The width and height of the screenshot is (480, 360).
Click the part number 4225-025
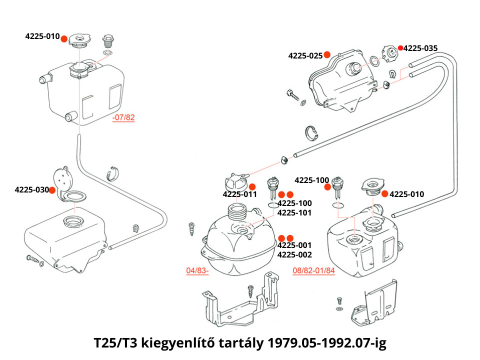[305, 55]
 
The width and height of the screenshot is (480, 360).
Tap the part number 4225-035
[420, 48]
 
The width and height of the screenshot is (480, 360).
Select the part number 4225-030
[31, 190]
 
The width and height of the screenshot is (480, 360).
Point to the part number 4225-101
[294, 213]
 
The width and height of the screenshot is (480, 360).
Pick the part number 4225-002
[294, 254]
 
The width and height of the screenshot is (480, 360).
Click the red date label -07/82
[123, 118]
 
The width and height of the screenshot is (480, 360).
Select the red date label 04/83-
[197, 270]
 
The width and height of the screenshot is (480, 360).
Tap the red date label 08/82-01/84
[313, 270]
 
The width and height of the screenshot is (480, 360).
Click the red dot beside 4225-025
[326, 54]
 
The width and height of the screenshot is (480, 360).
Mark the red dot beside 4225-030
[52, 189]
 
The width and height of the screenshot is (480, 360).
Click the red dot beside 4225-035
[400, 48]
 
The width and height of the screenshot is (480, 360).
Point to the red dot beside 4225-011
[252, 186]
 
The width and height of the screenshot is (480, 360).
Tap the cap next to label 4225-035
[389, 53]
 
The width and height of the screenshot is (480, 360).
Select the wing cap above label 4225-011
[235, 179]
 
